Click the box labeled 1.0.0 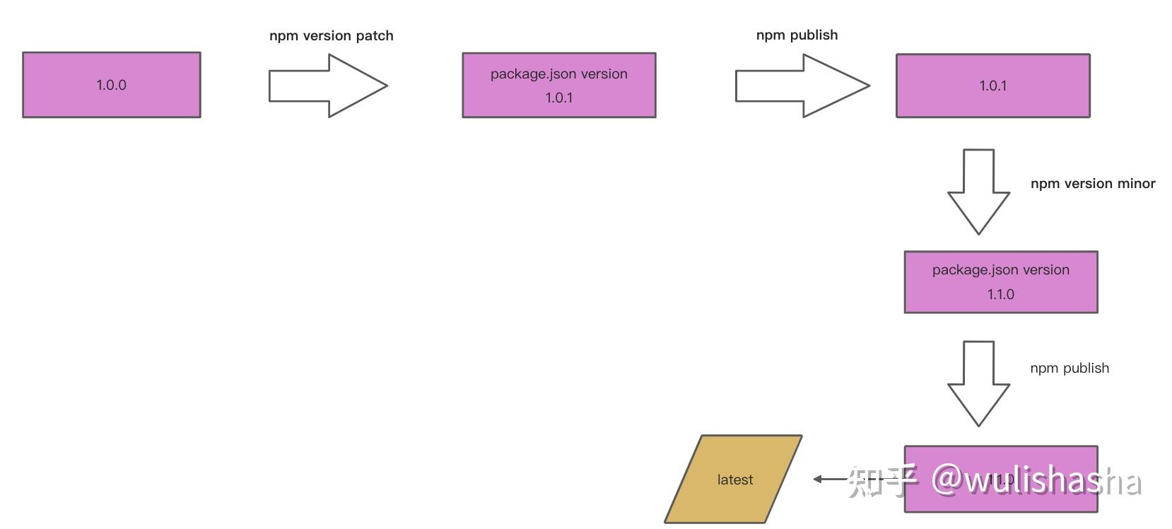pyautogui.click(x=111, y=85)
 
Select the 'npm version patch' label pyautogui.click(x=331, y=36)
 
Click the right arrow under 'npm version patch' pyautogui.click(x=327, y=86)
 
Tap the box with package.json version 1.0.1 pyautogui.click(x=558, y=85)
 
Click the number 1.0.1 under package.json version pyautogui.click(x=558, y=98)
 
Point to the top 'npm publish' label pyautogui.click(x=797, y=35)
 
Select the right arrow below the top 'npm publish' pyautogui.click(x=801, y=86)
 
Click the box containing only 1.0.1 pyautogui.click(x=992, y=86)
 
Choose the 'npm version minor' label pyautogui.click(x=1092, y=184)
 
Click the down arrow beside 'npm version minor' pyautogui.click(x=978, y=191)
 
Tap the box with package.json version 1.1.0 pyautogui.click(x=1000, y=282)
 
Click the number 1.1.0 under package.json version pyautogui.click(x=1000, y=294)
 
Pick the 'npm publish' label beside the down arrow pyautogui.click(x=1070, y=368)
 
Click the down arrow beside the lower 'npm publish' pyautogui.click(x=978, y=383)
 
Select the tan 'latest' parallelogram pyautogui.click(x=733, y=479)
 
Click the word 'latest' pyautogui.click(x=734, y=480)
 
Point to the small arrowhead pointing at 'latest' pyautogui.click(x=818, y=479)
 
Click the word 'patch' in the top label pyautogui.click(x=375, y=36)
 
